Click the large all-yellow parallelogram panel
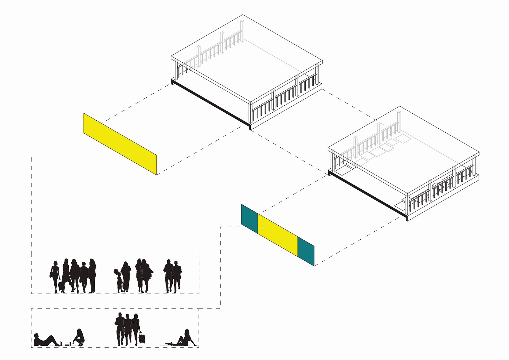tap(120, 144)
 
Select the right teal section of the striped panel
tap(306, 251)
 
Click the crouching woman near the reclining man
tap(79, 338)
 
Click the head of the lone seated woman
tap(187, 332)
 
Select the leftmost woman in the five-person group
tap(55, 275)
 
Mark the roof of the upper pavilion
tap(247, 59)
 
